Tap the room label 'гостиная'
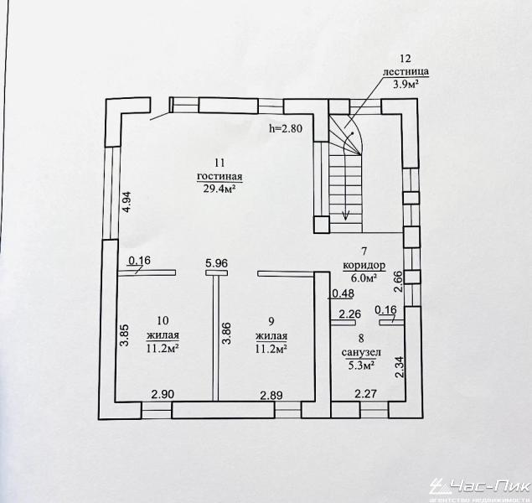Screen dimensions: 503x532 [220, 176]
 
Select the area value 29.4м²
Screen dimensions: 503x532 [220, 189]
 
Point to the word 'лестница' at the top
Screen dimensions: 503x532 [405, 71]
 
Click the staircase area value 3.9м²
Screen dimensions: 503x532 [405, 84]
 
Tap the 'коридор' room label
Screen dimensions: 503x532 [364, 265]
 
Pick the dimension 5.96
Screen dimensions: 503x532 [217, 263]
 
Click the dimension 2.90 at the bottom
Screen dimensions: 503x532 [163, 395]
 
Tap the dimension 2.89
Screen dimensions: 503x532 [271, 395]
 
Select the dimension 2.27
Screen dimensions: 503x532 [365, 395]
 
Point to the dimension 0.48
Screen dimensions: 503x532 [342, 293]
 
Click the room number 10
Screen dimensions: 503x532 [163, 319]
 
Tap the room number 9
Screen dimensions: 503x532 [271, 319]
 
